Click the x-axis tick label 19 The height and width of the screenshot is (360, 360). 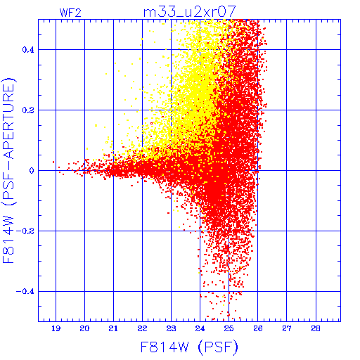coord(56,328)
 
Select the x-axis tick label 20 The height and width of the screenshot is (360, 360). coord(84,328)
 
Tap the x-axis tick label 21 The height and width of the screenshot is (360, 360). coord(113,328)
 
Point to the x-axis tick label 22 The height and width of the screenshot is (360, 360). coord(142,328)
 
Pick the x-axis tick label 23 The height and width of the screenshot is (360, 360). coord(171,328)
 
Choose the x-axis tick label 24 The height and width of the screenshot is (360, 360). coord(200,328)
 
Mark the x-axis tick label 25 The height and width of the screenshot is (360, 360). coord(229,328)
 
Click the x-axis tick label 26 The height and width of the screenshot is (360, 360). coord(258,328)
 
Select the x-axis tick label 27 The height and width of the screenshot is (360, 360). coord(287,328)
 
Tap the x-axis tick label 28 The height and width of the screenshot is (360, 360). coord(316,328)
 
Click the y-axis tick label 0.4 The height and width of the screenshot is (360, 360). coord(28,50)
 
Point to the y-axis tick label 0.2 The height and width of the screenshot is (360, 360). coord(28,110)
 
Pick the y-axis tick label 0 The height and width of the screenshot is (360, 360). coord(32,171)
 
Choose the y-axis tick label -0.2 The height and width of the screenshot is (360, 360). coord(25,231)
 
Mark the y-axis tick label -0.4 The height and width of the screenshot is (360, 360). coord(25,292)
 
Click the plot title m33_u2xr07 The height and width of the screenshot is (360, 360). coord(189,12)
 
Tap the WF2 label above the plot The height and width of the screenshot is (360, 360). coord(70,13)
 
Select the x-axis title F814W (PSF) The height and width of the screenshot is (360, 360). coord(189,347)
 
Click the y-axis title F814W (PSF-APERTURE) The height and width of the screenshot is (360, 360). coord(9,171)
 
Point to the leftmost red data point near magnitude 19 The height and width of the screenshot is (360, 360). coord(53,162)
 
